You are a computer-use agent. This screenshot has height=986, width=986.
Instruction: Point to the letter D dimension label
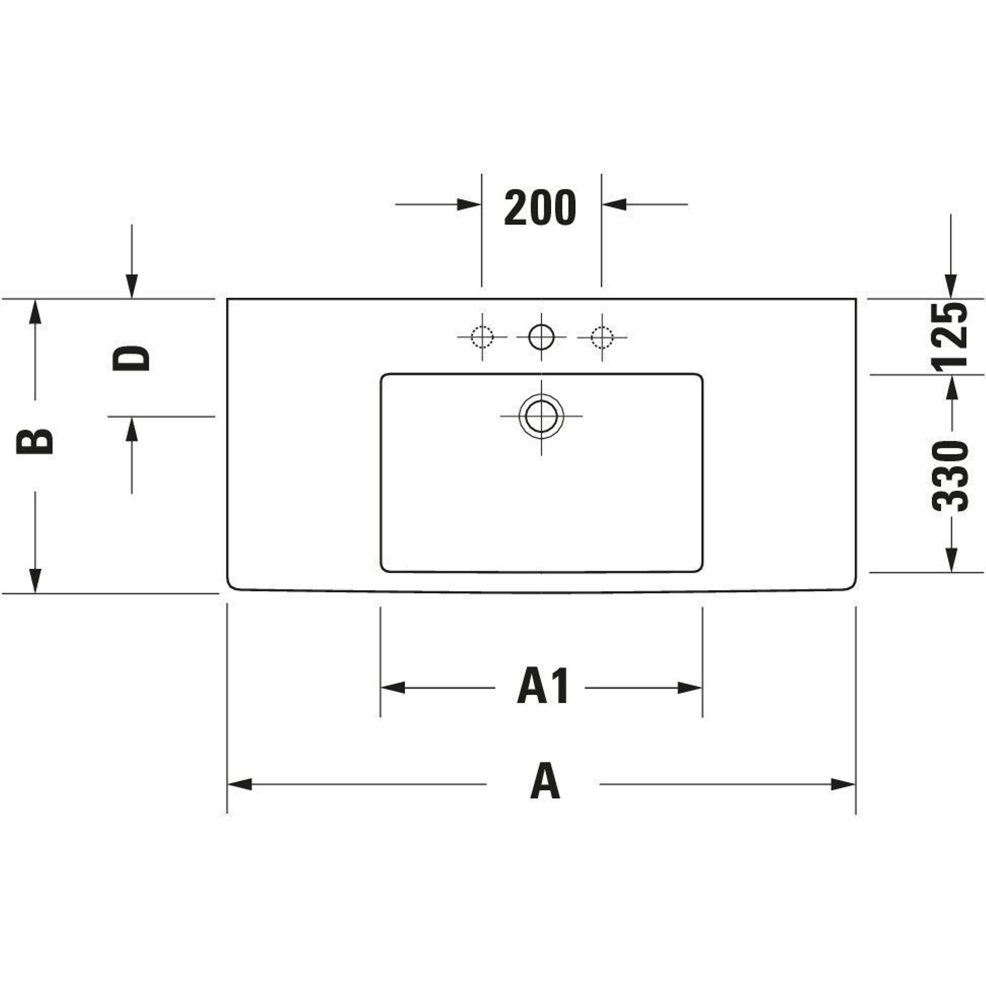pyautogui.click(x=131, y=358)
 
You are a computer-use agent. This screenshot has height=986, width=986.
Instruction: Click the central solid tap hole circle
pyautogui.click(x=541, y=337)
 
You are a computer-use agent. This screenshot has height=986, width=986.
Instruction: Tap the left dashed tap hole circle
pyautogui.click(x=482, y=337)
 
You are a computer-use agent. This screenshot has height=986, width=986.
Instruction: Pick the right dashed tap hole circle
pyautogui.click(x=601, y=337)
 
